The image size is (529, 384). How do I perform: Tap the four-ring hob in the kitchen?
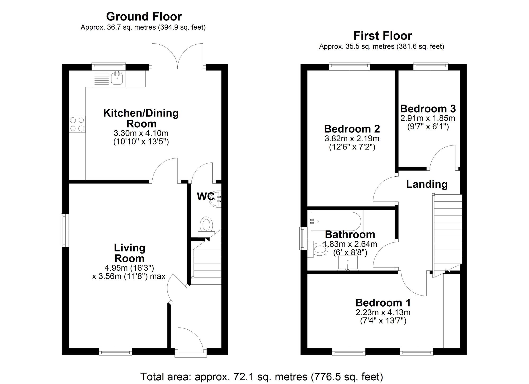[x=77, y=124]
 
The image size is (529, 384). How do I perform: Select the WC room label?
[x=205, y=196]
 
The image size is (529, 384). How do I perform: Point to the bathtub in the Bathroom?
[x=335, y=221]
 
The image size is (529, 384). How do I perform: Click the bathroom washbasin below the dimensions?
[x=348, y=263]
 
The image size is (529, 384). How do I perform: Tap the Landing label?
[x=427, y=184]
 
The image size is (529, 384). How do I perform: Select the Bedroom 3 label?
[x=428, y=109]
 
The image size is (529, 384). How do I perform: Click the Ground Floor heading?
[x=144, y=17]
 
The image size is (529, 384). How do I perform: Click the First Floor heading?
[x=382, y=36]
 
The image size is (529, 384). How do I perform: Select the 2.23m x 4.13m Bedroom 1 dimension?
[x=383, y=312]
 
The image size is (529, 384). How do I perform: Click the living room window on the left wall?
[x=65, y=230]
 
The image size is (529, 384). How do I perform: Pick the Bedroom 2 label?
[x=352, y=129]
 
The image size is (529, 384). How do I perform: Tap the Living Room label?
[x=129, y=253]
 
